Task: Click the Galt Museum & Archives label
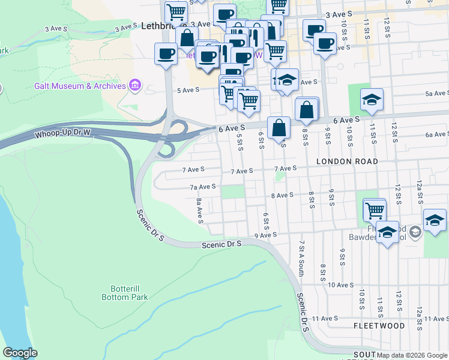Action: coord(88,86)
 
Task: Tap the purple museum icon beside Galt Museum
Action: coord(135,86)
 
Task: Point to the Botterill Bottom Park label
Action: coord(128,292)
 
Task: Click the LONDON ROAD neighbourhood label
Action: coord(347,161)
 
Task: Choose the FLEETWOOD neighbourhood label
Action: coord(379,326)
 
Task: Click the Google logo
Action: coord(20,353)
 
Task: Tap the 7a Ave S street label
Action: coord(203,187)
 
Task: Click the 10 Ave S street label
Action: coord(340,284)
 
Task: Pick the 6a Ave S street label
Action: coord(436,134)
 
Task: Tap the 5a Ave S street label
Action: coord(437,94)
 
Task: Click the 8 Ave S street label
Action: coord(282,195)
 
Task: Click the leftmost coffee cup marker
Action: coord(166,55)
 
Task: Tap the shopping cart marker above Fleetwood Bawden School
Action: coord(375,211)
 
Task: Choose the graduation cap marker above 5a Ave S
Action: coord(372,100)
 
